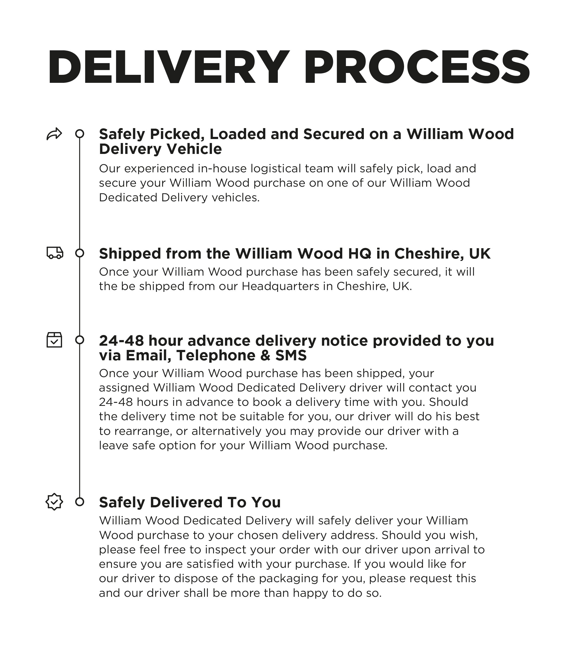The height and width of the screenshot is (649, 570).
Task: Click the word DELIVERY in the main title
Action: pyautogui.click(x=168, y=67)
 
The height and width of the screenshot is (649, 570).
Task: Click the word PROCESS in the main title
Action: pyautogui.click(x=417, y=67)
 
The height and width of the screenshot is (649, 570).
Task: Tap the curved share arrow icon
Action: pyautogui.click(x=54, y=134)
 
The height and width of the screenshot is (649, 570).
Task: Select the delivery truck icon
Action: pyautogui.click(x=55, y=253)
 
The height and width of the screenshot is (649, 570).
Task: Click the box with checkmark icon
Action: pyautogui.click(x=54, y=340)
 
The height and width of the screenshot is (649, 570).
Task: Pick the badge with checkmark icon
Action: pyautogui.click(x=54, y=502)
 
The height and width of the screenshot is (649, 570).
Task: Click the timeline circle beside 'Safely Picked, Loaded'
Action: pyautogui.click(x=80, y=134)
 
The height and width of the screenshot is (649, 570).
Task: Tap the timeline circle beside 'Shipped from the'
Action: pyautogui.click(x=80, y=253)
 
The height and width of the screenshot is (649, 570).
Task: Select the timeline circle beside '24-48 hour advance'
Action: pyautogui.click(x=80, y=340)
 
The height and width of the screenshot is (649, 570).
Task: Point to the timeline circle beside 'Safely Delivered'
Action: pyautogui.click(x=80, y=502)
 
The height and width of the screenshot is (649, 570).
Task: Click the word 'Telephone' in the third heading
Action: pyautogui.click(x=216, y=355)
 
